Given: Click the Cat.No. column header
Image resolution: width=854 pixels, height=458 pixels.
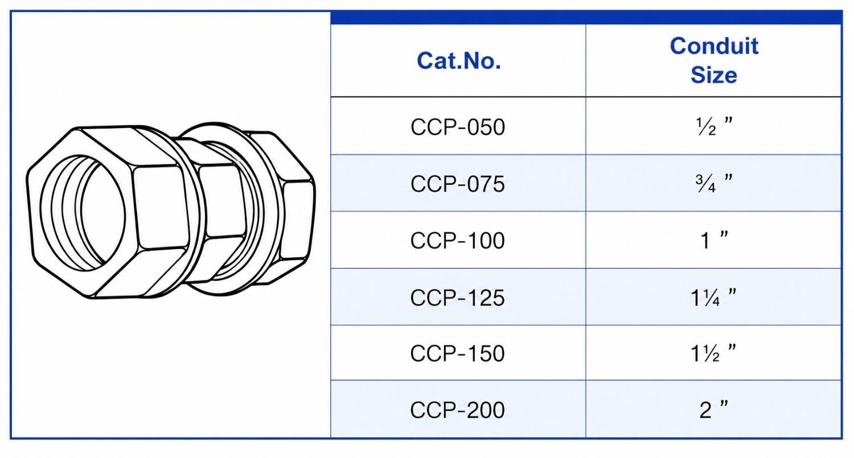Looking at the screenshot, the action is click(x=459, y=60).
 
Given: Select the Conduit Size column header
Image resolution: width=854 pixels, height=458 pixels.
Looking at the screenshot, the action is click(x=714, y=60).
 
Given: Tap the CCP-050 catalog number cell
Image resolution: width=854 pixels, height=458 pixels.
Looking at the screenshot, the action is click(x=458, y=127).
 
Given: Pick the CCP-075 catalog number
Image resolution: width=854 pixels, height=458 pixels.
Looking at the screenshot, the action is click(x=458, y=184).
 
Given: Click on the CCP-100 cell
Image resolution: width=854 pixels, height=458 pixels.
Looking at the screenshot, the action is click(x=458, y=241).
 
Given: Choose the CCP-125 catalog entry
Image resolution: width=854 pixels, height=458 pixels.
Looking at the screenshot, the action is click(x=458, y=298).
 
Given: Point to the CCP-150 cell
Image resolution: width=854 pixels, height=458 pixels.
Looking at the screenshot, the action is click(x=458, y=353).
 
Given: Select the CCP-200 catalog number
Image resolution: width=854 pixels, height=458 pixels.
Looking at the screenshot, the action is click(x=458, y=410).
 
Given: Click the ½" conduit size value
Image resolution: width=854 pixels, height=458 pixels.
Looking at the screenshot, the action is click(x=714, y=126).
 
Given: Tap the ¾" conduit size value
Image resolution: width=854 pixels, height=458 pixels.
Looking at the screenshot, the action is click(x=714, y=183).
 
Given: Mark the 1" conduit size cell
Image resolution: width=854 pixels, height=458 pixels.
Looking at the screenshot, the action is click(x=714, y=240).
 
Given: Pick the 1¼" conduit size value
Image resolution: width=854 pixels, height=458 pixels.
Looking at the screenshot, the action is click(x=713, y=297).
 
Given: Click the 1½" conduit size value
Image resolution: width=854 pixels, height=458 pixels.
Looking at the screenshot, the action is click(x=713, y=353).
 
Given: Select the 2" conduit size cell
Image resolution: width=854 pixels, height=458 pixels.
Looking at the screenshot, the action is click(x=714, y=410).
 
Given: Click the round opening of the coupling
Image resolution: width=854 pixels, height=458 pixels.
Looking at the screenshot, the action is click(x=83, y=213).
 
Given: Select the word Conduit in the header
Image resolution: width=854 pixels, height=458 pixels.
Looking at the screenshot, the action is click(x=714, y=46).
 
